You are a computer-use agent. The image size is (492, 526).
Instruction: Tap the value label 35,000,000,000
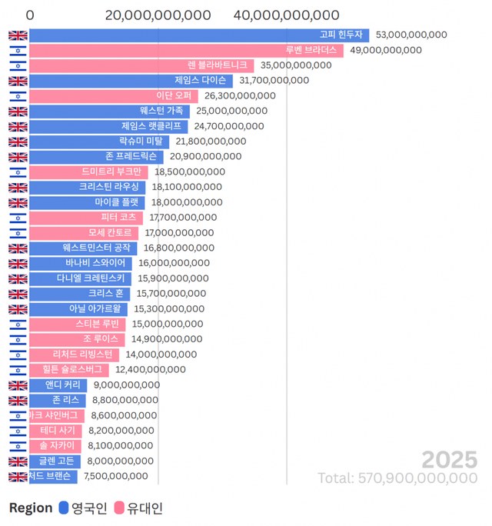click(296, 65)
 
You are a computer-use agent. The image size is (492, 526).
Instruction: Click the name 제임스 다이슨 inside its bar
click(201, 80)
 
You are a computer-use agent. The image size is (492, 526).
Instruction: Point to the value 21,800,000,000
click(211, 141)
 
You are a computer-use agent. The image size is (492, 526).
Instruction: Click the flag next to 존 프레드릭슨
click(18, 157)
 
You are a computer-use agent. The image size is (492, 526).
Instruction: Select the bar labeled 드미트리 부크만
click(88, 171)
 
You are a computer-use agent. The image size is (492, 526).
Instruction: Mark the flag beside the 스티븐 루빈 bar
click(18, 324)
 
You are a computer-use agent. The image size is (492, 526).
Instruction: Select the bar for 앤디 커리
click(58, 385)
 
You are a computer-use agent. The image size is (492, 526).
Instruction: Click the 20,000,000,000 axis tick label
click(158, 15)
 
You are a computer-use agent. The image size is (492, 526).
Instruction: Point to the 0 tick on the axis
click(30, 15)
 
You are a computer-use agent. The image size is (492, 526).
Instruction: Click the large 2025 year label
click(449, 460)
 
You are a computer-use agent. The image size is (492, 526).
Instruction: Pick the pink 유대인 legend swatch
click(119, 508)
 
